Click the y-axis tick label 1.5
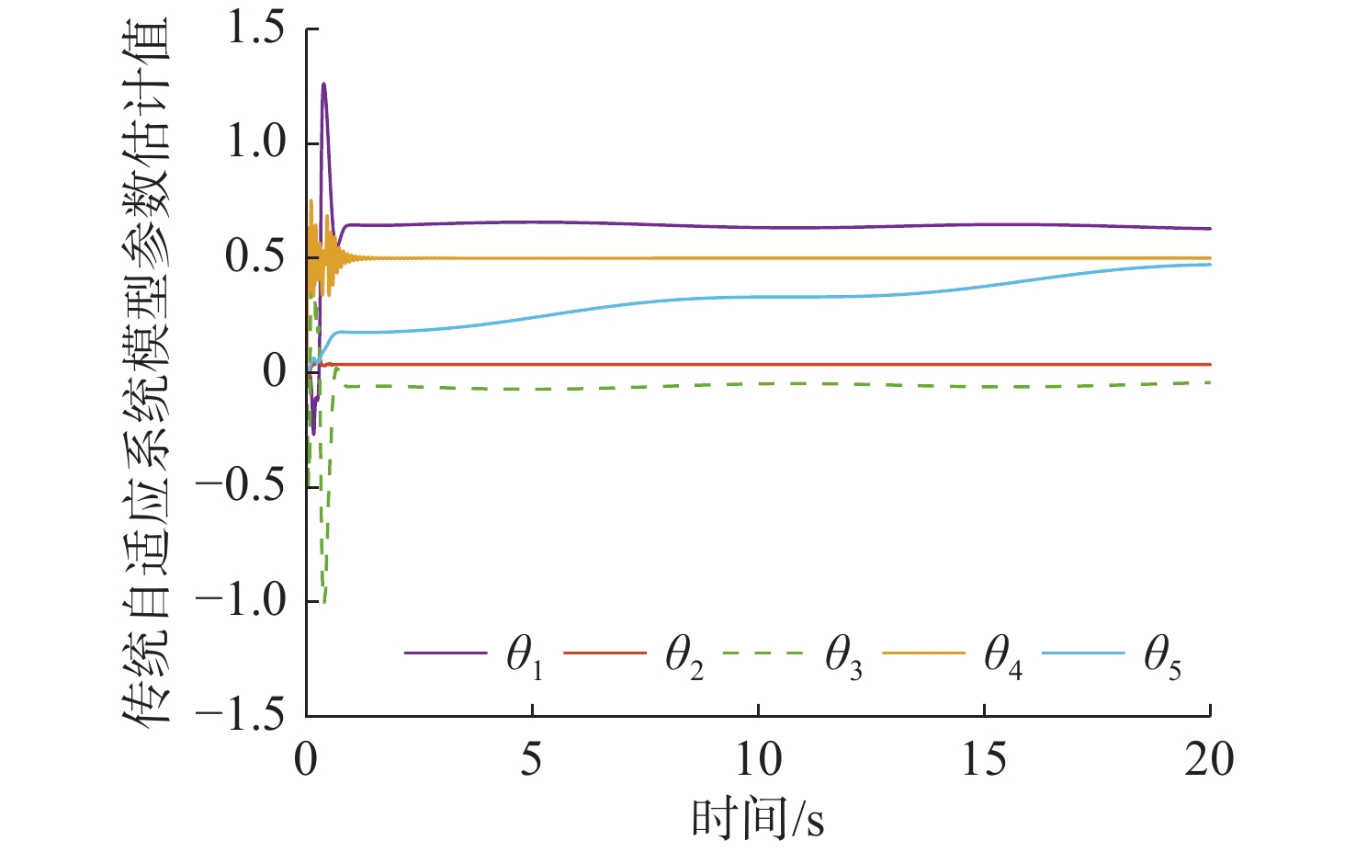[x=256, y=29]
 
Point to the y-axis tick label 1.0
[x=256, y=143]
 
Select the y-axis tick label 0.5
[x=256, y=257]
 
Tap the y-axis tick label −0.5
[x=242, y=485]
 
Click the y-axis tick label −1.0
[x=242, y=600]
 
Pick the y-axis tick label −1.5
[x=242, y=715]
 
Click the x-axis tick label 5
[x=532, y=760]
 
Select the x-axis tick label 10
[x=758, y=760]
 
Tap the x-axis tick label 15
[x=984, y=760]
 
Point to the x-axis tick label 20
[x=1209, y=760]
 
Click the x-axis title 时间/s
[x=758, y=818]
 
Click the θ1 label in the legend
[x=525, y=658]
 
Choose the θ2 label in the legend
[x=684, y=658]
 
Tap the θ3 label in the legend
[x=843, y=658]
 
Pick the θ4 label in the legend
[x=1003, y=658]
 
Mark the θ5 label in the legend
[x=1162, y=658]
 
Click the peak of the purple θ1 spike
[x=323, y=85]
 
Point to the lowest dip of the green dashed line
[x=323, y=602]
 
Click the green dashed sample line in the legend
[x=763, y=653]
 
